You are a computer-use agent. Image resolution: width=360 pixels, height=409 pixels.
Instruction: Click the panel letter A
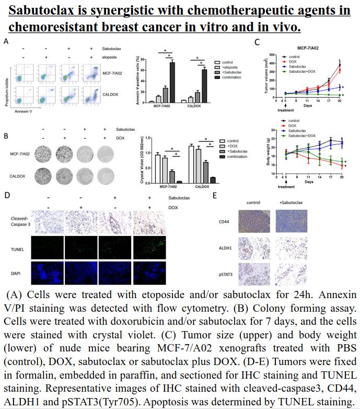tap(6, 41)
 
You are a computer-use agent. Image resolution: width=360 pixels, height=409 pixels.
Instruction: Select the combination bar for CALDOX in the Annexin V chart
tap(204, 85)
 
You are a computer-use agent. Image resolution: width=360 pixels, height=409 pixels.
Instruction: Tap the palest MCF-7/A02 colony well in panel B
tap(107, 154)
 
